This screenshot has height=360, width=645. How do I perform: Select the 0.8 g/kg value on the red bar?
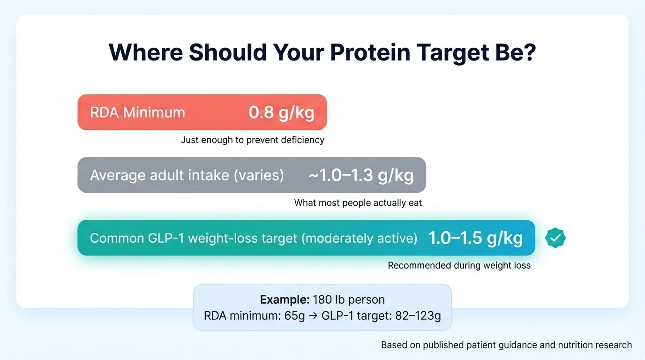coord(281,112)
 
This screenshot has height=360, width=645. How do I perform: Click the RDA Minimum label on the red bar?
coord(137,112)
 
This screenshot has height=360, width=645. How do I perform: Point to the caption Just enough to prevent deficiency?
coord(252,140)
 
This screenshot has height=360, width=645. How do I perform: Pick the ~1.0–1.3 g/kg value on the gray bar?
coord(361,175)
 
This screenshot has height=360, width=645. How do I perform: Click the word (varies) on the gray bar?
coord(260,175)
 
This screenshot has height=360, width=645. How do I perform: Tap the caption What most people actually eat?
coord(358,203)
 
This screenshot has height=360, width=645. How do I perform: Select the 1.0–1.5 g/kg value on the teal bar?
coord(475,238)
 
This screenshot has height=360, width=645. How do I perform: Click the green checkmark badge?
coord(555,238)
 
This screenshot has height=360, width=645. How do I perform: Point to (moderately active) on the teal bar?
coord(359,238)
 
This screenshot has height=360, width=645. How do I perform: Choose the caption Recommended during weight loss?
coord(459,266)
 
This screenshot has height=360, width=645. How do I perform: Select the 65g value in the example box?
coord(295,316)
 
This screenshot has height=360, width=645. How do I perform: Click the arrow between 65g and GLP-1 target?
coord(313,316)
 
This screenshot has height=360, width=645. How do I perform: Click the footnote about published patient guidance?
coord(506,345)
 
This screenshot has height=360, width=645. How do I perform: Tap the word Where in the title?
coord(145,52)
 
